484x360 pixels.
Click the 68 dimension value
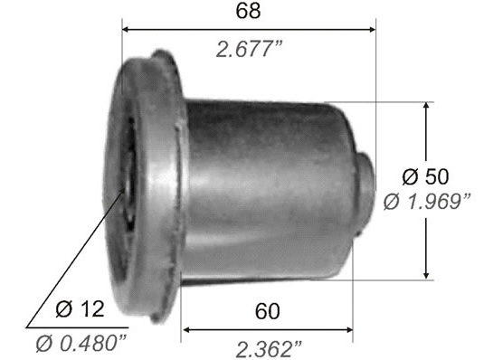(248, 11)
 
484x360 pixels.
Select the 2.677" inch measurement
(250, 50)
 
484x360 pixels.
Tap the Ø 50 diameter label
(426, 176)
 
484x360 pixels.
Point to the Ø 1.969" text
(427, 202)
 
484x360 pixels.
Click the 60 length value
(267, 311)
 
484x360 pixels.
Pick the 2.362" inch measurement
(269, 349)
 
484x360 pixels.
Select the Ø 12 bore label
(80, 308)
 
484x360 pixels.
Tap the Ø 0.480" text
(81, 344)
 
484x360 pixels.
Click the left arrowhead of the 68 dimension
(126, 30)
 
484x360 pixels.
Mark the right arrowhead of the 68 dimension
(372, 30)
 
